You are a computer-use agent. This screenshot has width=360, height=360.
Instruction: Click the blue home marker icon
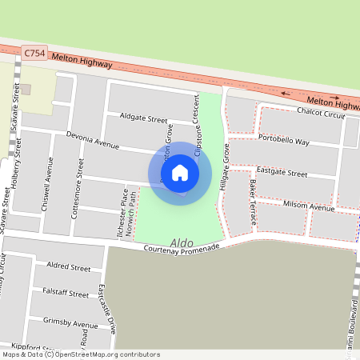[x=180, y=173]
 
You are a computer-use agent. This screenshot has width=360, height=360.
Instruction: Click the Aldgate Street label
[x=142, y=118]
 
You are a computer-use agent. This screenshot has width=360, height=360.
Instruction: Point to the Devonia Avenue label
[x=92, y=141]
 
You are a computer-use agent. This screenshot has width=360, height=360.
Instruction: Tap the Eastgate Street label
[x=282, y=173]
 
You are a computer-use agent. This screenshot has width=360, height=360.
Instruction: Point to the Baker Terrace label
[x=252, y=192]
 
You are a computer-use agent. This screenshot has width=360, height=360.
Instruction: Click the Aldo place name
[x=182, y=241]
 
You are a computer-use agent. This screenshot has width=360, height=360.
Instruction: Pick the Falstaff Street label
[x=66, y=294]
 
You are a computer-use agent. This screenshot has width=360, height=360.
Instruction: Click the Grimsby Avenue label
[x=70, y=324]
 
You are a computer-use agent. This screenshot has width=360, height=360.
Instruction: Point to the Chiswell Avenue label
[x=47, y=184]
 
